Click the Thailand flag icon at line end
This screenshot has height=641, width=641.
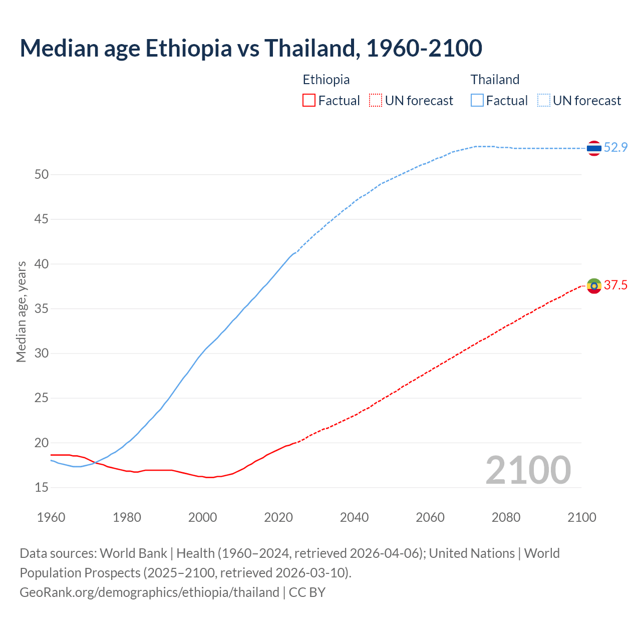[x=594, y=148]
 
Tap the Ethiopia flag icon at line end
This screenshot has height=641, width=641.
[x=594, y=286]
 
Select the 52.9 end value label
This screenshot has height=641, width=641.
[x=616, y=147]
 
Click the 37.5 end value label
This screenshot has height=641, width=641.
[x=616, y=285]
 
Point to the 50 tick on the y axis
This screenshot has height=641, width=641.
[x=42, y=175]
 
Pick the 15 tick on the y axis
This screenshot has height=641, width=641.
[x=42, y=487]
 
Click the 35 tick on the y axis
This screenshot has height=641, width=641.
[x=42, y=308]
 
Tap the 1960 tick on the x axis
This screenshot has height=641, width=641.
[x=51, y=517]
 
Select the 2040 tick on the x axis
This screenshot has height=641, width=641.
[x=354, y=517]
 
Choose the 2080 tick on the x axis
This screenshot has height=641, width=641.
[x=506, y=517]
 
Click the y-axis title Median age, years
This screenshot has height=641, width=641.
[x=21, y=311]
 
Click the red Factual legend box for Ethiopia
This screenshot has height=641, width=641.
[x=309, y=101]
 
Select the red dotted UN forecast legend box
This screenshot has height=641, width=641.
[x=376, y=101]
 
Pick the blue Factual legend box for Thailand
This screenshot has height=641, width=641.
[x=477, y=101]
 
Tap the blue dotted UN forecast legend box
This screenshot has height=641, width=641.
[x=544, y=101]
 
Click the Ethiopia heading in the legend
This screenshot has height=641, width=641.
[x=326, y=80]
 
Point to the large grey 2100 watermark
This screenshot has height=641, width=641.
[x=528, y=470]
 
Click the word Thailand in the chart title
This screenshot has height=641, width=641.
[x=310, y=48]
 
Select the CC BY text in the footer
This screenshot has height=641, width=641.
[x=307, y=592]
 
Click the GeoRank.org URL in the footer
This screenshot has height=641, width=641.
[x=149, y=592]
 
